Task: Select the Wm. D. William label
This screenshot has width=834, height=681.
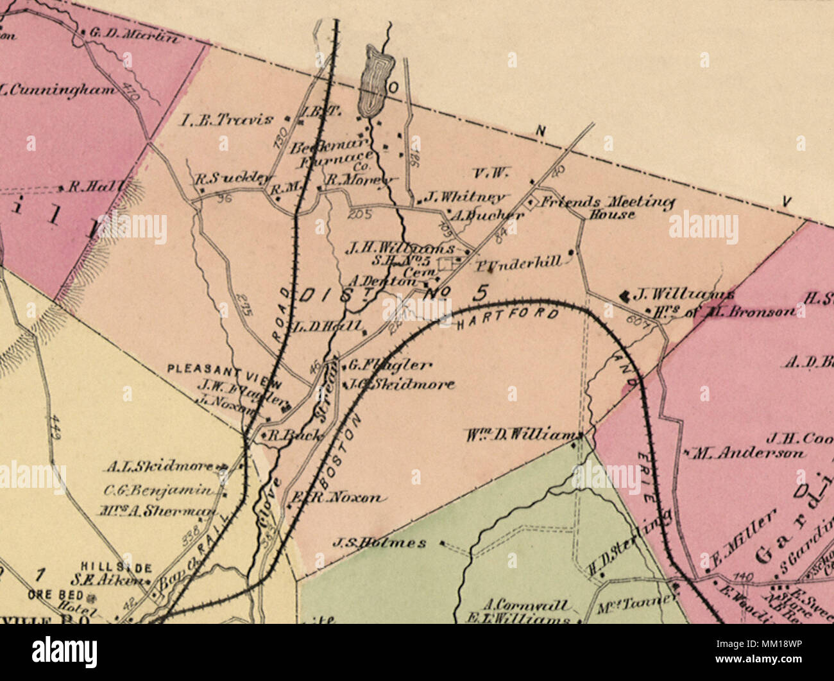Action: [522, 435]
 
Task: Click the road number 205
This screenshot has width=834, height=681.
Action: [359, 215]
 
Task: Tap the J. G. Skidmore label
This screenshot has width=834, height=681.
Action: [400, 384]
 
